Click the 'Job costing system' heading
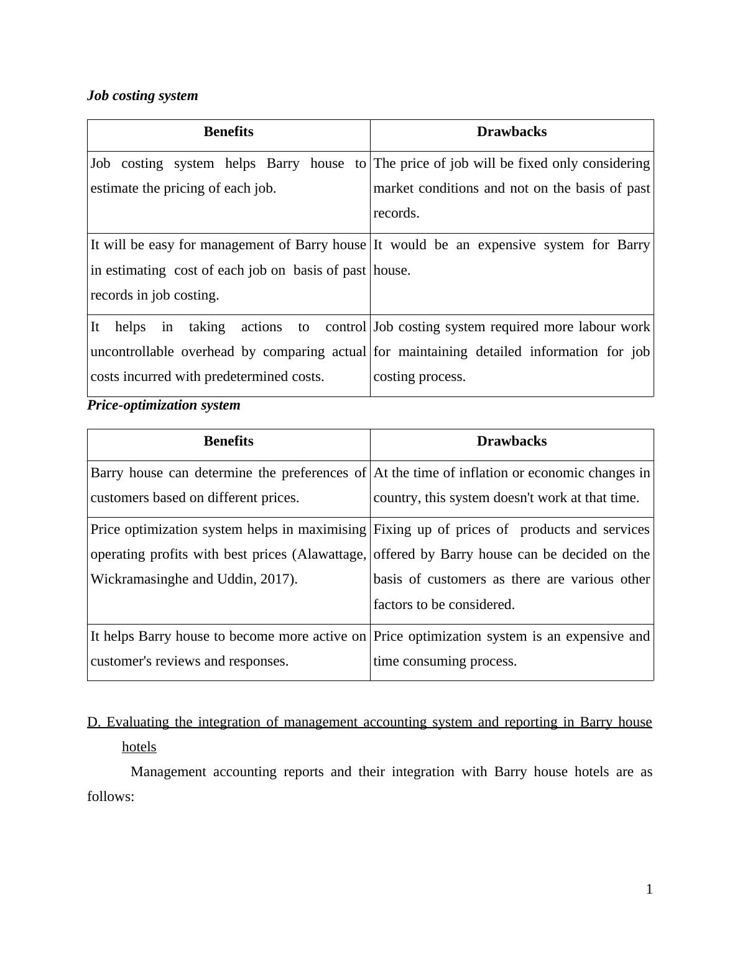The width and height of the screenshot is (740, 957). tap(142, 96)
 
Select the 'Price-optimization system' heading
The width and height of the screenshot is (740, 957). tap(164, 405)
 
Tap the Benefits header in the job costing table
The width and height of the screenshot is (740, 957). tap(228, 132)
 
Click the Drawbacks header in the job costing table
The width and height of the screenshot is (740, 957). tap(512, 132)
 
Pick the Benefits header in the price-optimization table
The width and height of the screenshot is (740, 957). tap(228, 441)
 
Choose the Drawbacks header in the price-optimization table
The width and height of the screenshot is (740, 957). tap(512, 441)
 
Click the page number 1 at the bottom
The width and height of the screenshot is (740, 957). tap(649, 889)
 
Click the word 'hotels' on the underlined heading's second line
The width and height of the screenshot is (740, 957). tap(139, 747)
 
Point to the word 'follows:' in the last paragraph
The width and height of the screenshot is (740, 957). tap(111, 797)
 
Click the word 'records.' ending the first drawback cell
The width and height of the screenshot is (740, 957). tap(396, 213)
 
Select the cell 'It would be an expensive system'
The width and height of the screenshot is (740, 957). tap(511, 257)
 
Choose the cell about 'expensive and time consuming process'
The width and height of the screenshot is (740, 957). tap(511, 649)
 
